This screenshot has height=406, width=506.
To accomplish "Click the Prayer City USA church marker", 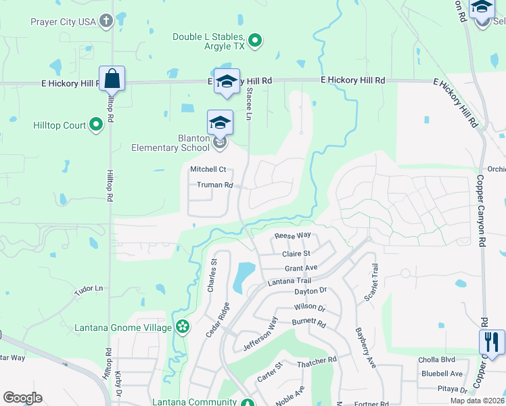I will coord(106,22).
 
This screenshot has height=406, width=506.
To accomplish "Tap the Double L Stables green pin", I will coord(255,42).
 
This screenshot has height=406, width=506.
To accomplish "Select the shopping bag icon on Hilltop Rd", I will coord(112,78).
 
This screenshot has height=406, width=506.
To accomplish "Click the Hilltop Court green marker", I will coord(96,125).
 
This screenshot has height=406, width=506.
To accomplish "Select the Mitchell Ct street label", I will coord(208,170).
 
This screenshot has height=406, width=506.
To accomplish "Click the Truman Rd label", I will coord(214,185).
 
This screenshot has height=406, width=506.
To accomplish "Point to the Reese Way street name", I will coord(292,236).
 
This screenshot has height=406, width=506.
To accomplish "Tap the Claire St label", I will coord(296,254).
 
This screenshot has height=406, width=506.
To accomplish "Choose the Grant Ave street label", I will coord(301,268).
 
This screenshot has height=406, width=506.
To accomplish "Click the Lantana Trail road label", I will coord(289,281).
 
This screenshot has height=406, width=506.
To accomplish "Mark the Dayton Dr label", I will coord(310,291).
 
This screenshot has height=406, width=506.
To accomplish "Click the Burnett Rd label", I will coord(309,323).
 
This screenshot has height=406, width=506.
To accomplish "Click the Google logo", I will coord(22,398).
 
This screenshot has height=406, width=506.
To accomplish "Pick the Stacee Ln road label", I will coord(249,103).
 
